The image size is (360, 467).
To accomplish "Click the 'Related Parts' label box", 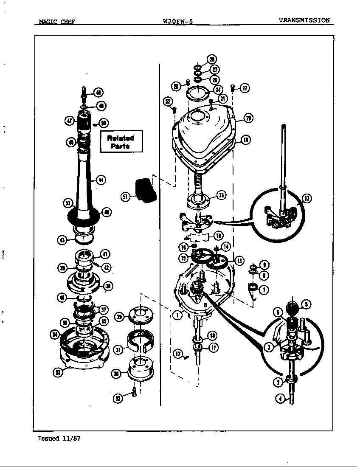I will pyautogui.click(x=121, y=141).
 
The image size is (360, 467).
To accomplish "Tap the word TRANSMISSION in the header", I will pyautogui.click(x=304, y=20).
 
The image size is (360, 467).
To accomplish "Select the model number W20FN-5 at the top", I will pyautogui.click(x=178, y=21).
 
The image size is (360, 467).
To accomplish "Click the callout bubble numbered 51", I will pyautogui.click(x=126, y=197).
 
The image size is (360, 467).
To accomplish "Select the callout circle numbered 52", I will pyautogui.click(x=169, y=101).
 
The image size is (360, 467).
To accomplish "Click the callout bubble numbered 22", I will pyautogui.click(x=245, y=88).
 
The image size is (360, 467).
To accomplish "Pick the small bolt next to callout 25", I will pyautogui.click(x=187, y=82).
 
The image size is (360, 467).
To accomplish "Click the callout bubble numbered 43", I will pyautogui.click(x=62, y=240).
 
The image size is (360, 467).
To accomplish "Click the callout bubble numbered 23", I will pyautogui.click(x=221, y=195).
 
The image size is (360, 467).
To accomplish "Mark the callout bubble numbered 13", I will pyautogui.click(x=239, y=260).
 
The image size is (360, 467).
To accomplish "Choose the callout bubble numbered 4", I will pyautogui.click(x=280, y=399).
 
